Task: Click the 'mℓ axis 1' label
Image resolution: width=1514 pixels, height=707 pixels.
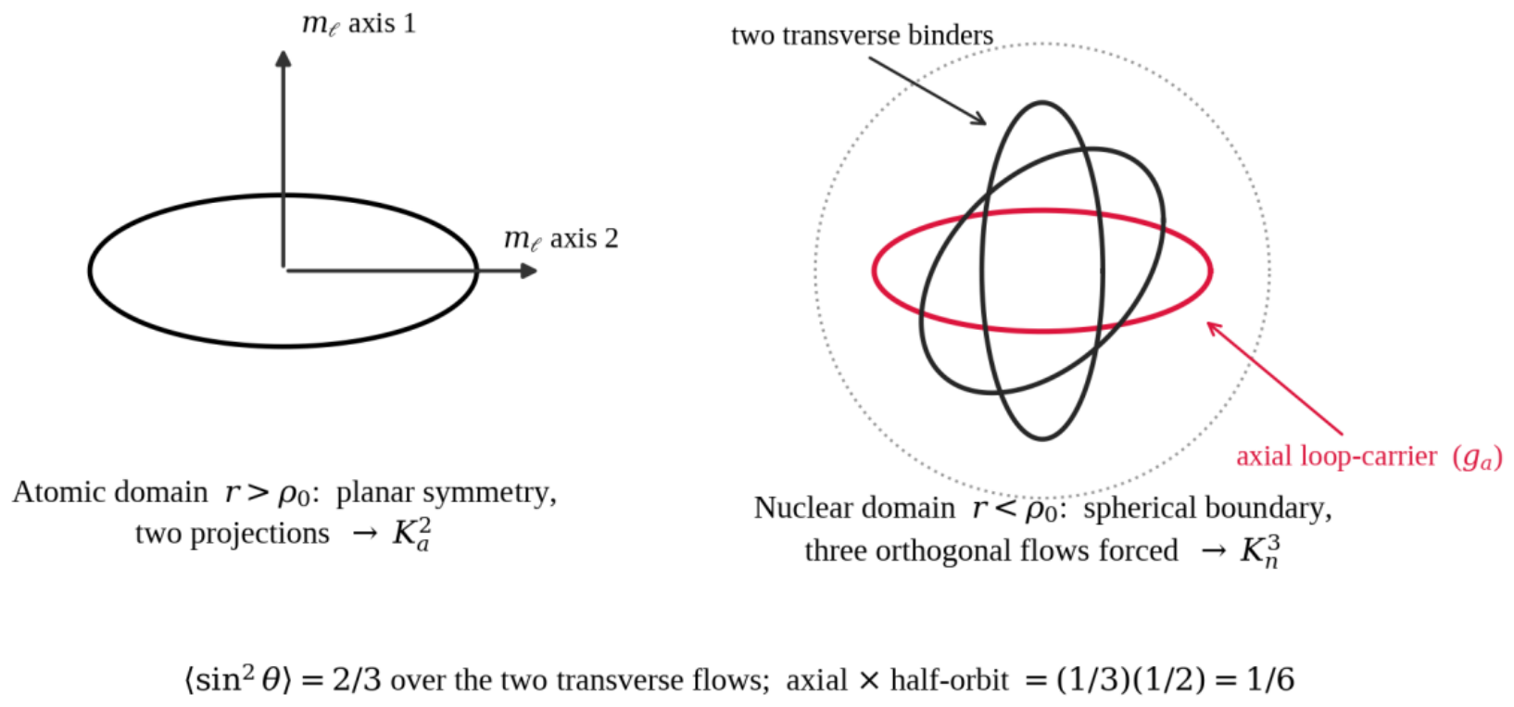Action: pos(359,24)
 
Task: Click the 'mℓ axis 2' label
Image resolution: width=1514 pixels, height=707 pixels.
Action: pos(561,239)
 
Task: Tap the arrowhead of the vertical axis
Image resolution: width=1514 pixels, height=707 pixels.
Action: pos(284,58)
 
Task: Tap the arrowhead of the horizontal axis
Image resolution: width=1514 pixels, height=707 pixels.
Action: pos(529,271)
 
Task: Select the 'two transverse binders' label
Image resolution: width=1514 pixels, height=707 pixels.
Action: pos(862,35)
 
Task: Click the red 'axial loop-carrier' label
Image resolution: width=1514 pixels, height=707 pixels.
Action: pos(1336,456)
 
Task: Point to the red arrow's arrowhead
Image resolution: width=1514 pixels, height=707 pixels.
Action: pos(1215,329)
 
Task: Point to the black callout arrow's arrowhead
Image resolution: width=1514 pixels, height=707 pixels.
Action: pos(978,119)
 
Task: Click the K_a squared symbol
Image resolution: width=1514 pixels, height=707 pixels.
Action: pos(411,534)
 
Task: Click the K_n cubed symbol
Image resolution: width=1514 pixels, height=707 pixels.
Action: pos(1260,550)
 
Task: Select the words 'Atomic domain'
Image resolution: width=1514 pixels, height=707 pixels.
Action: pos(110,492)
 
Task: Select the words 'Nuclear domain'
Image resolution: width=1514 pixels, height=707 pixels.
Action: pos(854,509)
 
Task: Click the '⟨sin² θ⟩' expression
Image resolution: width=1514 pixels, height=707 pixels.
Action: pos(239,679)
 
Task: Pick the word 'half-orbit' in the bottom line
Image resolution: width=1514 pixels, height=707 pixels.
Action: pos(950,680)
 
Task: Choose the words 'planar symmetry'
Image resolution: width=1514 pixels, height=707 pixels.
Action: pos(446,493)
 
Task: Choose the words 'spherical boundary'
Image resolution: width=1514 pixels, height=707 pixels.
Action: pos(1207,510)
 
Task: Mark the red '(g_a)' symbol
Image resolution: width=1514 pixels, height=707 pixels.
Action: pos(1478,458)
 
